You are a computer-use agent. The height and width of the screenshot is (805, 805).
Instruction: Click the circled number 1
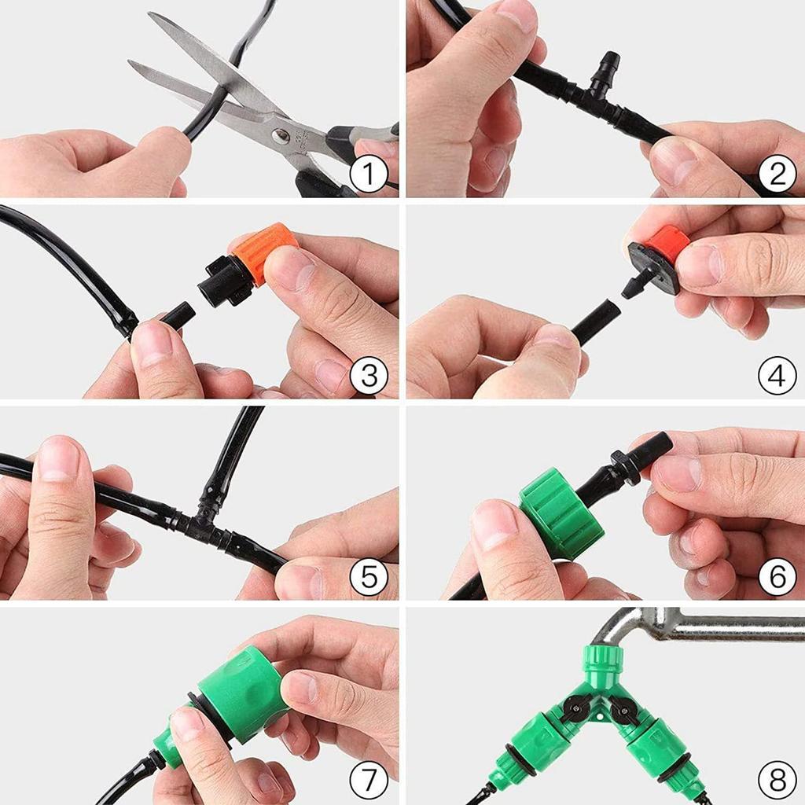pos(369,175)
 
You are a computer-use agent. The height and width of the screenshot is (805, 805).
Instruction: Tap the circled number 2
pos(777,175)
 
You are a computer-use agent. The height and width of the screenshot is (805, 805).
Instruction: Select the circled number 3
pos(369,377)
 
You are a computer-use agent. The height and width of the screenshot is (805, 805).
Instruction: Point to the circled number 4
pos(777,377)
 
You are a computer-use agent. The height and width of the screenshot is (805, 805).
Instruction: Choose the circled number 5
pos(369,578)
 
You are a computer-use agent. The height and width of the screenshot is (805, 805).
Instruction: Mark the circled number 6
pos(777,578)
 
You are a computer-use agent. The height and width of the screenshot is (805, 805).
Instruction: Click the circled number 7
pos(369,780)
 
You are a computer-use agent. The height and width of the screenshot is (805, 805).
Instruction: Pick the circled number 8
pos(777,780)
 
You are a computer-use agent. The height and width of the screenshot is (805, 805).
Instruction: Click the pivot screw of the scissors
pos(281,137)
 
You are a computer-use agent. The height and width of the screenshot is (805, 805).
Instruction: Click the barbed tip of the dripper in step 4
pos(633,286)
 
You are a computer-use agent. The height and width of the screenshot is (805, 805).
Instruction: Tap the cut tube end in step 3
pos(181,314)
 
